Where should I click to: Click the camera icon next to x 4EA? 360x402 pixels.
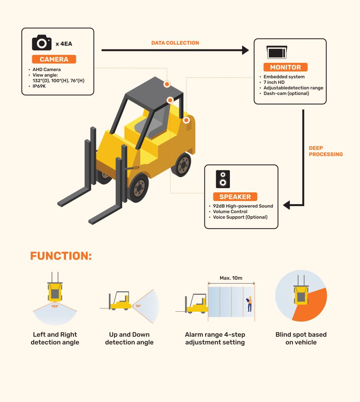(42, 42)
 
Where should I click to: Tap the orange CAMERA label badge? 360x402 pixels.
(54, 60)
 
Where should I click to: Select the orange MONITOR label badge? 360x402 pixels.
(285, 67)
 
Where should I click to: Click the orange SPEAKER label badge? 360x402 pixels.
(235, 197)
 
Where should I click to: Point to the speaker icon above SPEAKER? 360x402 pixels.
(223, 179)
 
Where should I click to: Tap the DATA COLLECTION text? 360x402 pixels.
(175, 43)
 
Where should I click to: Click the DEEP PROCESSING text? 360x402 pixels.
(325, 151)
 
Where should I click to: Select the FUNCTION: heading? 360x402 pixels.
(61, 256)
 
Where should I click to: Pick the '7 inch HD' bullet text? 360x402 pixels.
(274, 82)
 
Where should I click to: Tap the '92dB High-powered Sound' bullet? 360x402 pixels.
(241, 206)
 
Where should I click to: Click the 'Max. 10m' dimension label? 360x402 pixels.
(231, 278)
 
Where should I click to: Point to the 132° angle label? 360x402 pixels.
(55, 305)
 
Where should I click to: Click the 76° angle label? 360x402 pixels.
(138, 306)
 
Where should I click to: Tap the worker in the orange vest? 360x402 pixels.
(249, 304)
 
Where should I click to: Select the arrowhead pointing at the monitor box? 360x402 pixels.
(245, 50)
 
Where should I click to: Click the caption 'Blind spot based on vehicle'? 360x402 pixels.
(301, 338)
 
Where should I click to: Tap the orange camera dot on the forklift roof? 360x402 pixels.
(167, 84)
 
